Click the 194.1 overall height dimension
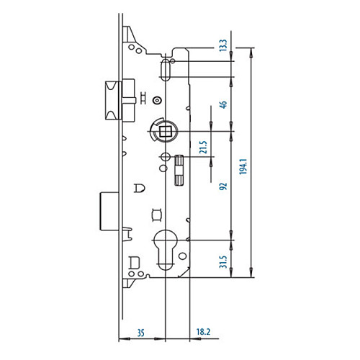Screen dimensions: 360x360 click(243, 166)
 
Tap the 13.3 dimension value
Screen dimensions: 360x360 click(223, 45)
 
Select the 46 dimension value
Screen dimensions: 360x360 click(223, 104)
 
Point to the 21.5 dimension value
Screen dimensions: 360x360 click(204, 147)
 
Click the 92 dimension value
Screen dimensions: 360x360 click(223, 186)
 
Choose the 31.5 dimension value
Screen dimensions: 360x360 click(223, 262)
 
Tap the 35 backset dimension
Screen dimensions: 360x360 click(141, 333)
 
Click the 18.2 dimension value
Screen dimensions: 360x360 click(204, 332)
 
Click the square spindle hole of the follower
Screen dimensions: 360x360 click(165, 131)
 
